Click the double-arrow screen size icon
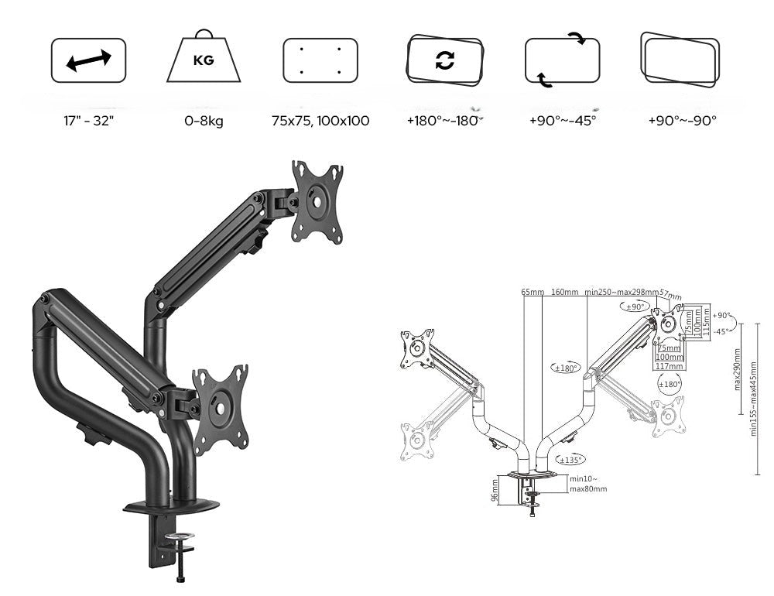88,60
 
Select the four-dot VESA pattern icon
320,60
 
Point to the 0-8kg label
204,121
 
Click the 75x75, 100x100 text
320,121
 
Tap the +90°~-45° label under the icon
563,121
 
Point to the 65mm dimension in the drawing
533,293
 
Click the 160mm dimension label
564,293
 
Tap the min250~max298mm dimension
621,293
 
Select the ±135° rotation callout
570,460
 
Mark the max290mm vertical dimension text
738,369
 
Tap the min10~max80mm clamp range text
587,484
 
